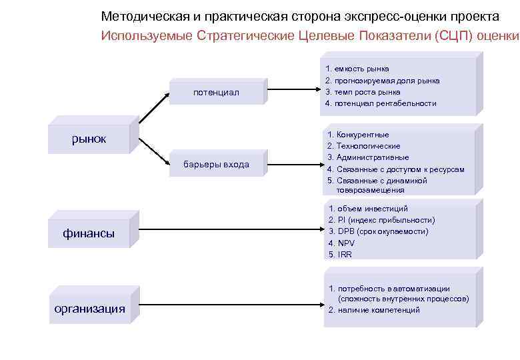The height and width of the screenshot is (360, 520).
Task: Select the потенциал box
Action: click(215, 92)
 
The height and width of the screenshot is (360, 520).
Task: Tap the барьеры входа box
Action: click(216, 164)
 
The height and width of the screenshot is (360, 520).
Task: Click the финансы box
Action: click(89, 233)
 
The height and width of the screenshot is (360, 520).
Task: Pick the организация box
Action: click(89, 308)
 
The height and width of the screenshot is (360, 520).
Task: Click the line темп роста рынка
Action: click(363, 92)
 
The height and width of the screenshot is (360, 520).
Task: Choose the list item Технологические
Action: click(364, 146)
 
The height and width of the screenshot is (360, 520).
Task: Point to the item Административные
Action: click(368, 157)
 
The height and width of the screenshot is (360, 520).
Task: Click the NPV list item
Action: click(341, 243)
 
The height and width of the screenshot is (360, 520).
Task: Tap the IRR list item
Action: click(340, 255)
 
